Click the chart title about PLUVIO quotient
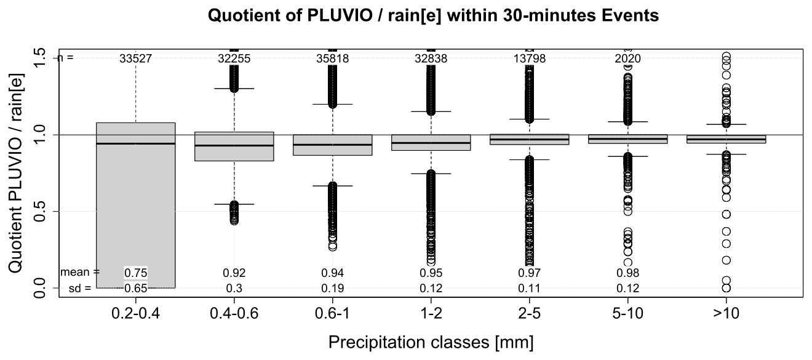(x=434, y=16)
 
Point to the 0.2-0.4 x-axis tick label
(x=135, y=312)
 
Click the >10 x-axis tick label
(x=726, y=312)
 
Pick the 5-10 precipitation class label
(x=627, y=312)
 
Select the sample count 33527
(x=135, y=58)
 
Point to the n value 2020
(x=627, y=58)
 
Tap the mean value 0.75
(x=135, y=273)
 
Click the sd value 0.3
(x=234, y=287)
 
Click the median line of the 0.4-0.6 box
(x=234, y=145)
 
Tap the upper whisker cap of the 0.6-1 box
(x=332, y=104)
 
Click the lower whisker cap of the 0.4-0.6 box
(x=234, y=204)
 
